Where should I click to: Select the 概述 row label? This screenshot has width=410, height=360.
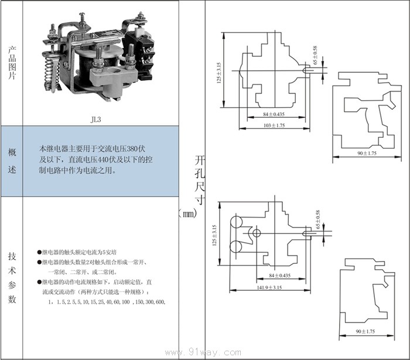click(12, 161)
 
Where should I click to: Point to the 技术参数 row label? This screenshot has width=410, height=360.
click(12, 277)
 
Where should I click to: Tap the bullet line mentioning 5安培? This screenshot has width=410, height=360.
click(87, 250)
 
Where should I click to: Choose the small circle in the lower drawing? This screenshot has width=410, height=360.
click(256, 233)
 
